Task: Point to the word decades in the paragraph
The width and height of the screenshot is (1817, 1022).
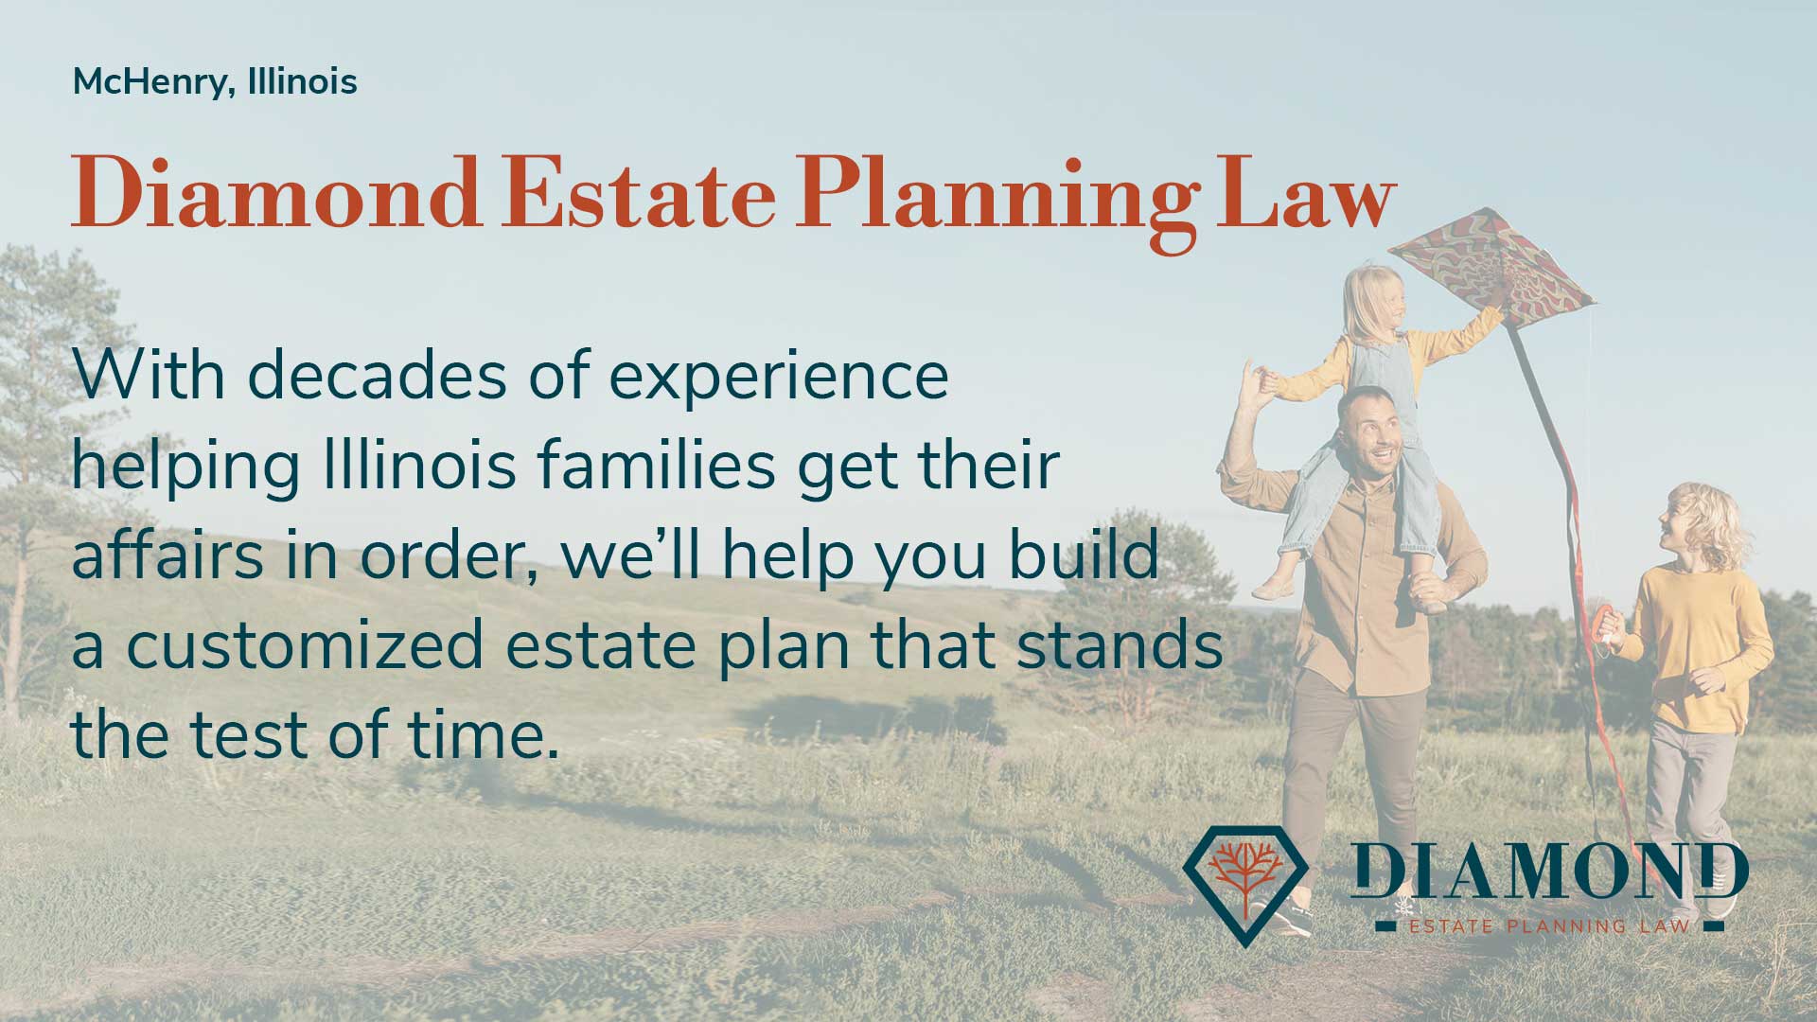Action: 377,376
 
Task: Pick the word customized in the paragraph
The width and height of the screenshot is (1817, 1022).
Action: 306,644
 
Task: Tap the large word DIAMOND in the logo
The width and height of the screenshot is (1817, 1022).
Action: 1549,871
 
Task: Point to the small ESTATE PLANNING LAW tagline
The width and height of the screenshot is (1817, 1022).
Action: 1549,925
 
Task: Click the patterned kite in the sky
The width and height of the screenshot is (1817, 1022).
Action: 1491,270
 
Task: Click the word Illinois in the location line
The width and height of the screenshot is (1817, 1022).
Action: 303,82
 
